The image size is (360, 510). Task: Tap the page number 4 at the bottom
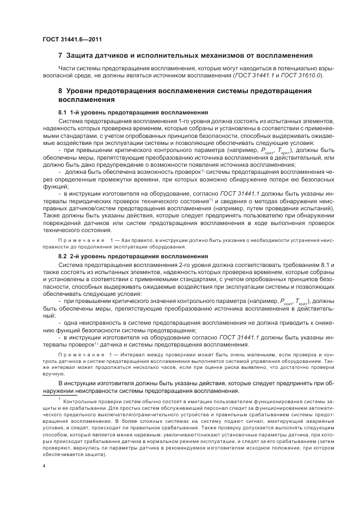44,466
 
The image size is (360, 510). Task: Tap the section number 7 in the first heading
60,56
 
